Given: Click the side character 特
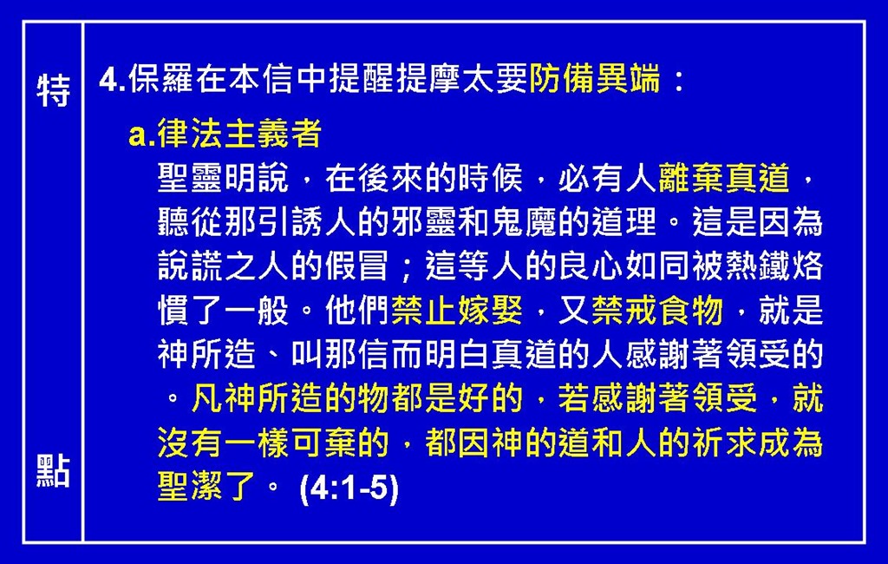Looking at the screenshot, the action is pos(53,90).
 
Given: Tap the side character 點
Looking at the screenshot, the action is pos(53,471).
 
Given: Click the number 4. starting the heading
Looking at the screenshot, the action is pos(112,79).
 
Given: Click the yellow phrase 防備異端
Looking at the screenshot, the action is pos(595,78).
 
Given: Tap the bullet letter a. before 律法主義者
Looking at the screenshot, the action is pos(141,134).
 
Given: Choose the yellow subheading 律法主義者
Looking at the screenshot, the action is pos(239,134).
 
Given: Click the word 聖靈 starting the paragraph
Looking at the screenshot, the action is pos(190,178).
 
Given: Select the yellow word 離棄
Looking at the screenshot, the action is pos(691,178).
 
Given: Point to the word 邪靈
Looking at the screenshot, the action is pos(424,221).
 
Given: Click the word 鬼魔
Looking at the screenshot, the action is pos(525,221).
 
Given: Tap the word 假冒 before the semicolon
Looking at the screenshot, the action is pos(358,266).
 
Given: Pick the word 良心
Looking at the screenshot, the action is pos(591,266).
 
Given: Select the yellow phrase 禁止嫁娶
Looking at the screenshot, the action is pos(457,310).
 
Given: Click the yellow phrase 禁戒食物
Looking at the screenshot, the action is pos(657,310).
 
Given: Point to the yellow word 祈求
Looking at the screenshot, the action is pos(724,443).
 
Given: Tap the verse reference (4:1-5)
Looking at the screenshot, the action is pos(349,488).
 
